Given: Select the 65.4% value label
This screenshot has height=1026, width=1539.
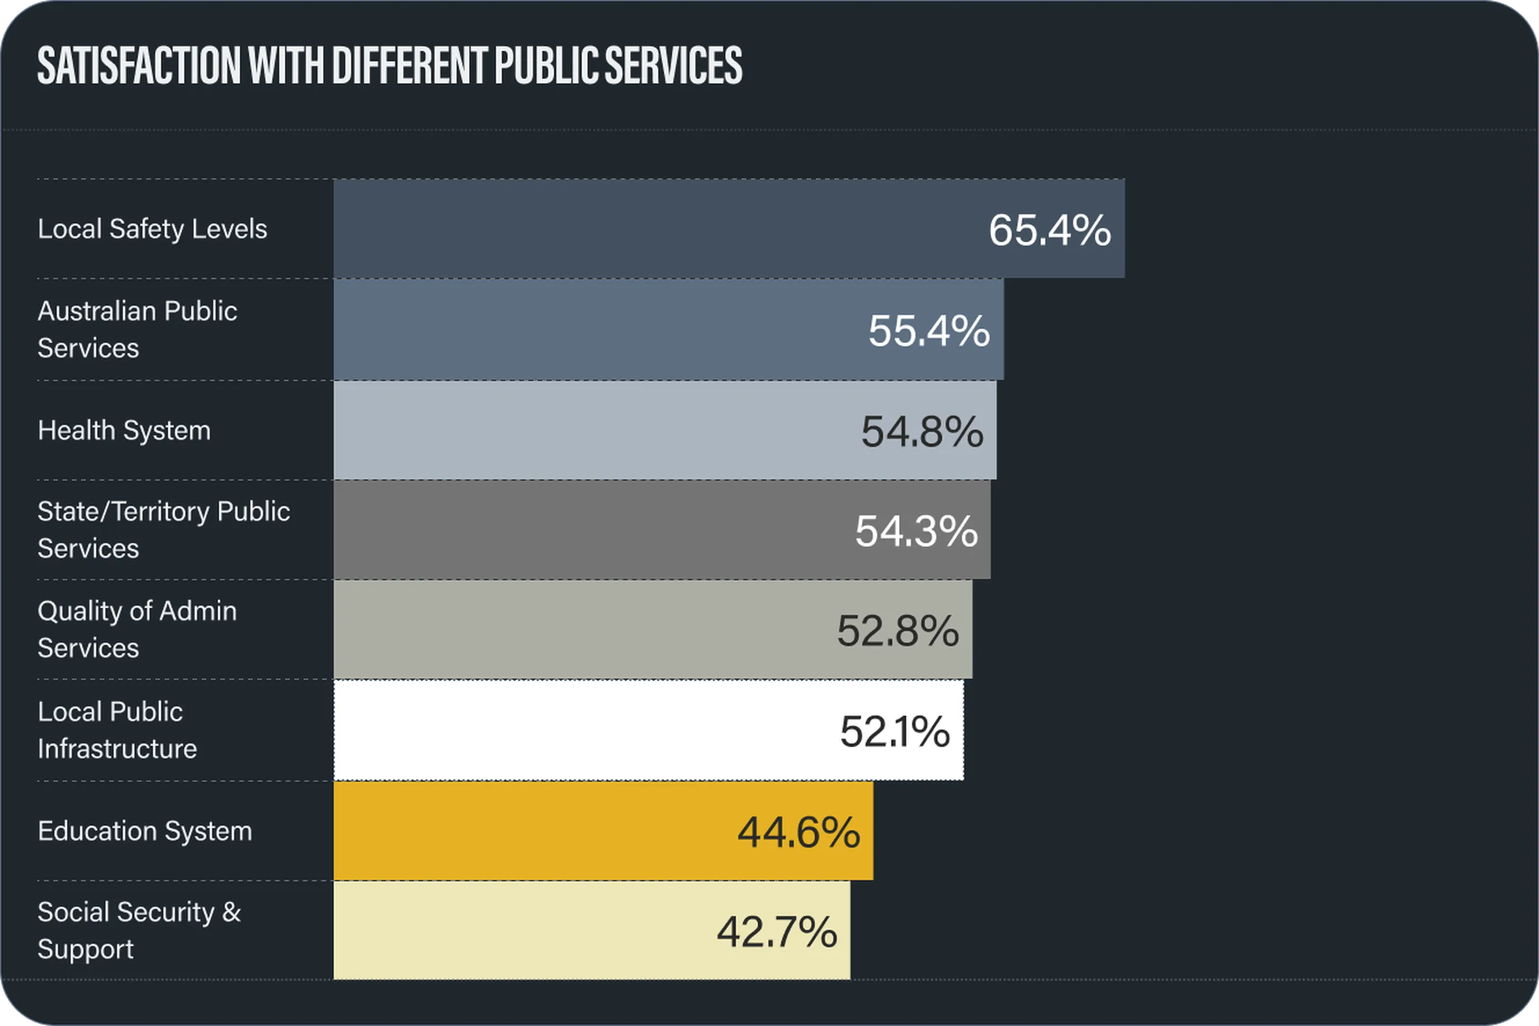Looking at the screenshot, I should [1049, 231].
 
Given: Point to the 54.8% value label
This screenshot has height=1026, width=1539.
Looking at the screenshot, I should [921, 431].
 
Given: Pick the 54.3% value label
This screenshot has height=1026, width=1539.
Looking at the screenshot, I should [916, 531].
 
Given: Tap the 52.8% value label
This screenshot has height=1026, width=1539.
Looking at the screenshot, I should [898, 631].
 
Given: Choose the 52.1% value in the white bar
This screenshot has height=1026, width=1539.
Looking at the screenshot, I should [895, 731].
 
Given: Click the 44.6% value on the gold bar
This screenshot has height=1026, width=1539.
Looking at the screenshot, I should [798, 833].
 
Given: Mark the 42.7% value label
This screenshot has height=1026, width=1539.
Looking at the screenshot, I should [776, 932].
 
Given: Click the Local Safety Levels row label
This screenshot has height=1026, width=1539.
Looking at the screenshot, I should [152, 229].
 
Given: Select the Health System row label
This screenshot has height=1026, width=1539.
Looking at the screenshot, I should [123, 430].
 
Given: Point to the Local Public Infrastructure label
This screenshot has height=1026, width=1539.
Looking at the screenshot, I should [116, 729].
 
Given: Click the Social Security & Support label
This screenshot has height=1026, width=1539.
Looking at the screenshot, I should [138, 930].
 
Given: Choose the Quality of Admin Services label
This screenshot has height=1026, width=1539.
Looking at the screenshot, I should [136, 629].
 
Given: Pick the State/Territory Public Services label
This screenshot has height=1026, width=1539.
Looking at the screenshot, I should [163, 530].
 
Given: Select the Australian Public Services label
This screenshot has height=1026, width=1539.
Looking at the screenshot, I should [136, 329].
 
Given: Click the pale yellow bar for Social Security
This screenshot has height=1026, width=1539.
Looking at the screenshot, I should [523, 930].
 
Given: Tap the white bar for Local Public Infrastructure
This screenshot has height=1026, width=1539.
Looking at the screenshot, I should [556, 730].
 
